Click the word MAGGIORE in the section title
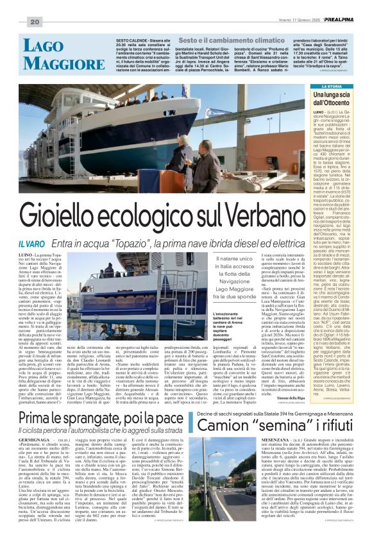[54, 61]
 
